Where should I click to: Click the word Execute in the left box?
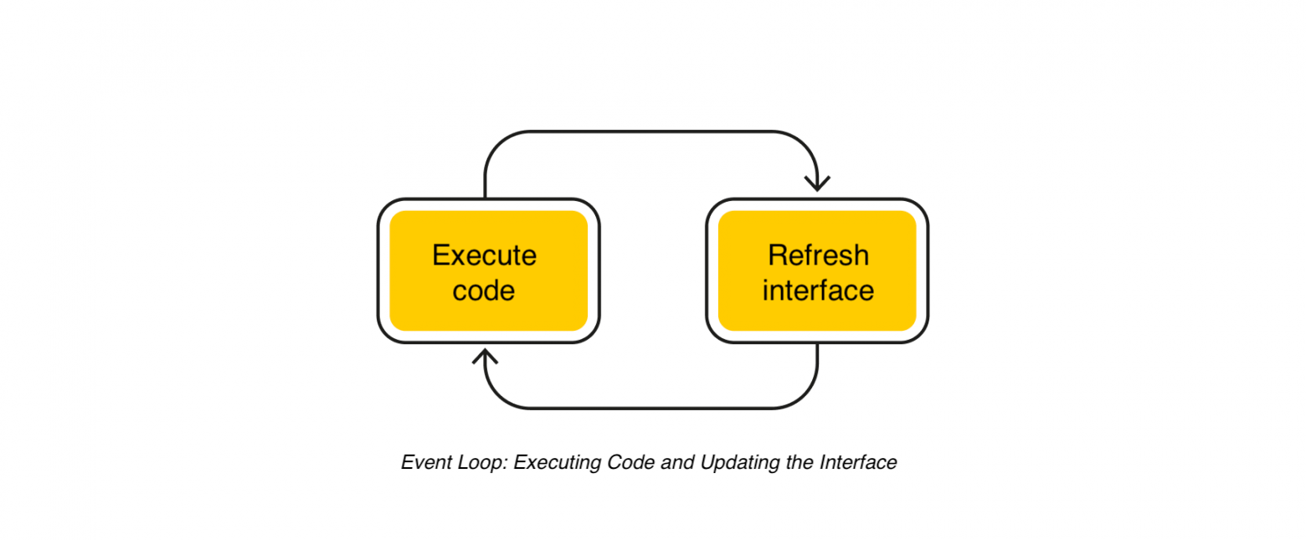(x=484, y=255)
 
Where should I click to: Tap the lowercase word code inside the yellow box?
(x=483, y=291)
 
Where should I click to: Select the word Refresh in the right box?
(x=818, y=255)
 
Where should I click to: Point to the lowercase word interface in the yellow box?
(x=818, y=291)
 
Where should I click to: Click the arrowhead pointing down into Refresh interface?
(x=817, y=183)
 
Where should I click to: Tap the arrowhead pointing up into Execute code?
(x=486, y=357)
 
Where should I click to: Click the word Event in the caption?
(x=423, y=463)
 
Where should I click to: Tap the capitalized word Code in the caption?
(x=632, y=463)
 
